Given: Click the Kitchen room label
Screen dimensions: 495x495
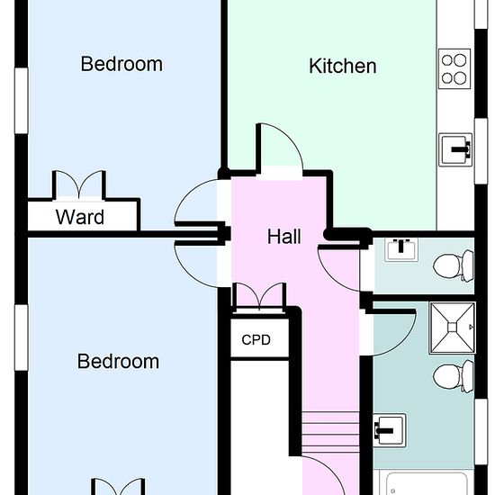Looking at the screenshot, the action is [x=343, y=66].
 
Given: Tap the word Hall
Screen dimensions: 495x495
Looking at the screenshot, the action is [x=283, y=237].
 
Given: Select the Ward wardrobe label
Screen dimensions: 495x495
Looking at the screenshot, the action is [x=80, y=217].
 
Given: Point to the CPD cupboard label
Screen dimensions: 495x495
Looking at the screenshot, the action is [x=256, y=339].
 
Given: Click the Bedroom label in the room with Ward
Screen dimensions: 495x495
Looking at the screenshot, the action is [x=121, y=64].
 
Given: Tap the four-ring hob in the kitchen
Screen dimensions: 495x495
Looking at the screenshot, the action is [x=454, y=68].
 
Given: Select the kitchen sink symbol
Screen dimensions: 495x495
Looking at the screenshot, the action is [x=455, y=149].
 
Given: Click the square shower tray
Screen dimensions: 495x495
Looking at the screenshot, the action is [x=453, y=328].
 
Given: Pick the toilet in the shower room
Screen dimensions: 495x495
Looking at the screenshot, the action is [x=454, y=376].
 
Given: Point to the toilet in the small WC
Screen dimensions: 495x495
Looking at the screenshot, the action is [x=454, y=265].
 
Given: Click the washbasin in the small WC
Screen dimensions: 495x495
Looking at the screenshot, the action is [x=400, y=249].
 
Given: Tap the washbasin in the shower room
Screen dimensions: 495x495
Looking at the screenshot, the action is [x=389, y=430].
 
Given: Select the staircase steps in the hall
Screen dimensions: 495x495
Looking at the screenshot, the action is [x=330, y=433].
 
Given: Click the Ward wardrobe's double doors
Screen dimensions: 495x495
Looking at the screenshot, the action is [x=79, y=185].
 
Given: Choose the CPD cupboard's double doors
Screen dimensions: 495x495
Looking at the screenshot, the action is [x=259, y=297].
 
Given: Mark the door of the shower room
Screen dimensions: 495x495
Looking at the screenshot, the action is [x=391, y=332].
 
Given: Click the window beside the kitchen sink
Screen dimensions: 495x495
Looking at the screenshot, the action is [x=481, y=151].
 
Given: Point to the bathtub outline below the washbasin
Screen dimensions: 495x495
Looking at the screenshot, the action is [x=427, y=483].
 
